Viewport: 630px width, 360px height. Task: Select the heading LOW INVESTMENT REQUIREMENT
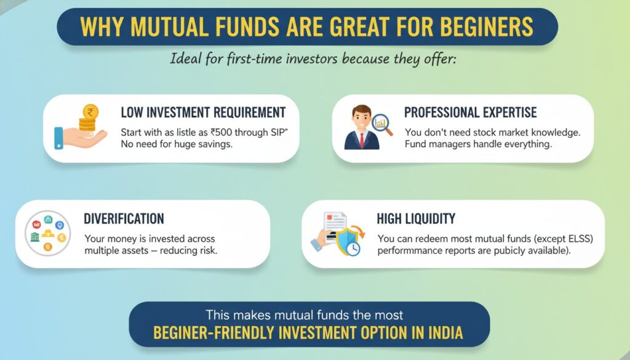point(203,113)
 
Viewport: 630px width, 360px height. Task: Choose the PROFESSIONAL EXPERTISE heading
point(470,113)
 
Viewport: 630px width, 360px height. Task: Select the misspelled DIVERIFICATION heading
point(124,219)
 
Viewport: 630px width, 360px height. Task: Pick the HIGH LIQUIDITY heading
point(416,218)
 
